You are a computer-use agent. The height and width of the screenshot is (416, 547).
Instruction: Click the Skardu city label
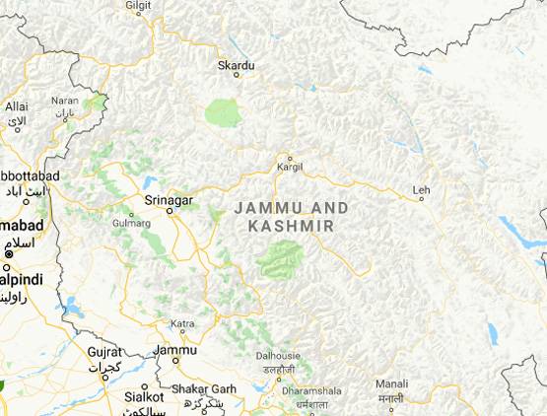click(237, 66)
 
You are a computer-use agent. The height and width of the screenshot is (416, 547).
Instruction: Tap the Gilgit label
click(138, 6)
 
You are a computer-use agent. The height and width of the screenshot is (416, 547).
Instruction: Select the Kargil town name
click(290, 168)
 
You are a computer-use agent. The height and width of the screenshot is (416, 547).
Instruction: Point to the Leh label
click(422, 188)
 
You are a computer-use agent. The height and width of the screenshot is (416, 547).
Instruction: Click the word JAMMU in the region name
click(261, 208)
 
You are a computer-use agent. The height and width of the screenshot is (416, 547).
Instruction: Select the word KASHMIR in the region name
click(291, 226)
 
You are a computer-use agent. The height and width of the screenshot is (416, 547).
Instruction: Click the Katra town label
click(182, 323)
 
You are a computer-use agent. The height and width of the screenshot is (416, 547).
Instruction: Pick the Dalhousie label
click(277, 356)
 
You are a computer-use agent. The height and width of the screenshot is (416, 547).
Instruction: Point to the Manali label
click(391, 383)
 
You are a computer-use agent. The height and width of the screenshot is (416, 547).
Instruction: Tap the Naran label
click(65, 101)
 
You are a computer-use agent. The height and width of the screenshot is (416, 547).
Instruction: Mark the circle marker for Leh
click(422, 199)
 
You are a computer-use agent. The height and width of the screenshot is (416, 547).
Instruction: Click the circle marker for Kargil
click(290, 158)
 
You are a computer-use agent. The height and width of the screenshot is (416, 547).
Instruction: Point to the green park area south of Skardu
click(224, 111)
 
